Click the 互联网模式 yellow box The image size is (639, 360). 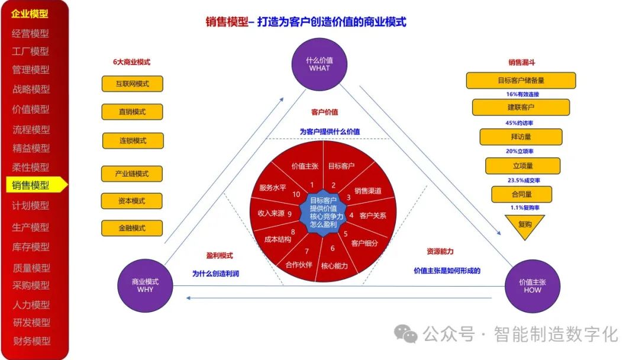(x=132, y=83)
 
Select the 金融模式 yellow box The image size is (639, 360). (x=131, y=228)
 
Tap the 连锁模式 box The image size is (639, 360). (x=131, y=141)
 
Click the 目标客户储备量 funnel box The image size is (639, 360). (x=521, y=81)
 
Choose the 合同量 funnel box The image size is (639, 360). (x=521, y=194)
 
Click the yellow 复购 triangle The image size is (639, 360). (x=524, y=226)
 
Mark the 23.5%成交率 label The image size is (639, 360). (x=524, y=180)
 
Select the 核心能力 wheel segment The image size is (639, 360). (x=334, y=265)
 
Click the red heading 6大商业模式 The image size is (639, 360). (x=131, y=62)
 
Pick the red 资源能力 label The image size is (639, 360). (x=440, y=252)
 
